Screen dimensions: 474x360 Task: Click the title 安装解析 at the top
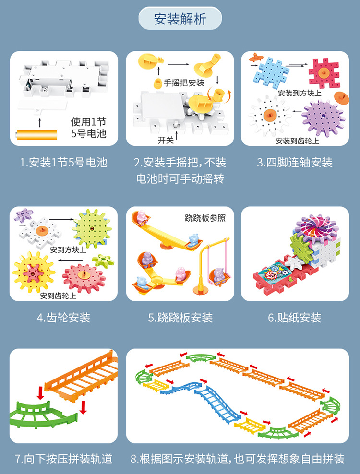pyautogui.click(x=180, y=19)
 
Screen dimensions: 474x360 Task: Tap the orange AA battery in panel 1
pyautogui.click(x=37, y=133)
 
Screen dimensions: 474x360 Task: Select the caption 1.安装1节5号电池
pyautogui.click(x=63, y=163)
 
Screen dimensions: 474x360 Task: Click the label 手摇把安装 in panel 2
pyautogui.click(x=184, y=82)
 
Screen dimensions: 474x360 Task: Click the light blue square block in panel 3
pyautogui.click(x=269, y=72)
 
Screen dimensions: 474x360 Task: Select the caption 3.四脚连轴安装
pyautogui.click(x=294, y=163)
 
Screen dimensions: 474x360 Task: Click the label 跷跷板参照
pyautogui.click(x=205, y=218)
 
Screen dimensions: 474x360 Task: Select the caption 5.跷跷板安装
pyautogui.click(x=180, y=318)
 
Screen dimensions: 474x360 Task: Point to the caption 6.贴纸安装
pyautogui.click(x=294, y=318)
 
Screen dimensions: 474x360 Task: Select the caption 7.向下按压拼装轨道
pyautogui.click(x=63, y=459)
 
